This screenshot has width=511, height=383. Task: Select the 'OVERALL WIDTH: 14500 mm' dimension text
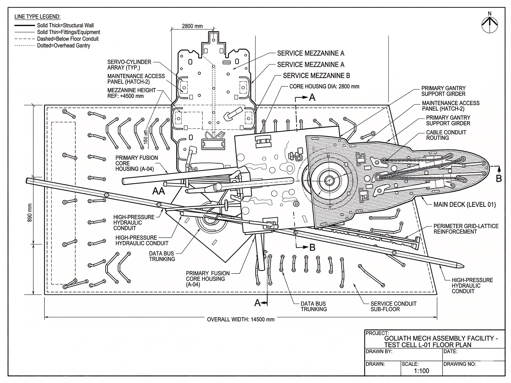coord(241,319)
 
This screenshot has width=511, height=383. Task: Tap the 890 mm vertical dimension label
coord(30,213)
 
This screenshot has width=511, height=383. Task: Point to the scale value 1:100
coord(422,371)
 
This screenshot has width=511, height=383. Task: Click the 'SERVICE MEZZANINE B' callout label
coord(316,76)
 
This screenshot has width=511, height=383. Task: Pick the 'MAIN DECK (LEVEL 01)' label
coord(465,205)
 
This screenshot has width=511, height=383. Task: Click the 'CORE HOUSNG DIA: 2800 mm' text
coord(324,86)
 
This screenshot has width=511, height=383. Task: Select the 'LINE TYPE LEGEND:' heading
coord(38,17)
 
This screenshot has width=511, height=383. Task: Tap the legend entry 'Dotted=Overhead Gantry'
coord(64,45)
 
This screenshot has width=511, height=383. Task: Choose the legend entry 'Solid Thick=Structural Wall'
coord(65,26)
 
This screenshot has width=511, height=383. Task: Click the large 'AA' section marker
coord(159,191)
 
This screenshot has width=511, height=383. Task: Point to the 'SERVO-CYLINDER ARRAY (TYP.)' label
coord(129,65)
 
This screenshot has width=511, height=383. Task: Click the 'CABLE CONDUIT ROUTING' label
coord(446,135)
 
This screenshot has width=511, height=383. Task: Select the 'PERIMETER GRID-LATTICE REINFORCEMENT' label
coord(466,229)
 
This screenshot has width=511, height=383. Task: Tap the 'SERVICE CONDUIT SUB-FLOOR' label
coord(393,306)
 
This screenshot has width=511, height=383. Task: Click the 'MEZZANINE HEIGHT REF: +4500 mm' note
coord(131,93)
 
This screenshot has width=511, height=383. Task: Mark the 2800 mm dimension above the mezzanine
coord(192,26)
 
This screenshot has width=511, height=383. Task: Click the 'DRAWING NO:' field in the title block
coord(459,364)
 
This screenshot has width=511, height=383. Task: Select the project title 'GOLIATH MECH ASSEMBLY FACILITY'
coord(441,338)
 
